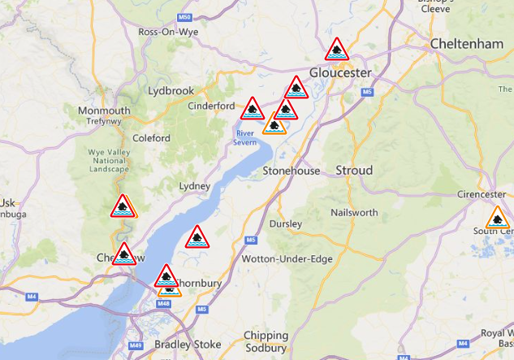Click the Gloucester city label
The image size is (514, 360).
pos(339,72)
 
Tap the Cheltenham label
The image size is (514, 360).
pos(467,43)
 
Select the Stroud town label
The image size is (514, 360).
pos(354,171)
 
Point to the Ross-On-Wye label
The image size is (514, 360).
pos(170,32)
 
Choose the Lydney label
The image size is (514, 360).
pos(194,186)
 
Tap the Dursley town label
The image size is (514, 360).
pos(285,223)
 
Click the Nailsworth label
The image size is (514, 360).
pos(355,212)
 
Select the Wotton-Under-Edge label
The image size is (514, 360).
pos(287,258)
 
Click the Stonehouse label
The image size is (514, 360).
pos(287,171)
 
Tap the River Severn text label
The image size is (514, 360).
pos(246,137)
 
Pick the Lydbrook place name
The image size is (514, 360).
pos(171,90)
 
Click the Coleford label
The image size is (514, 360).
pos(152,138)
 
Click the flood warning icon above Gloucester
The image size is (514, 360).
pos(336,50)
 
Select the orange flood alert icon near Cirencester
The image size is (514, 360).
pos(497,219)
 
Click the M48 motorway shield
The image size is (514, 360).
pos(163,304)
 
